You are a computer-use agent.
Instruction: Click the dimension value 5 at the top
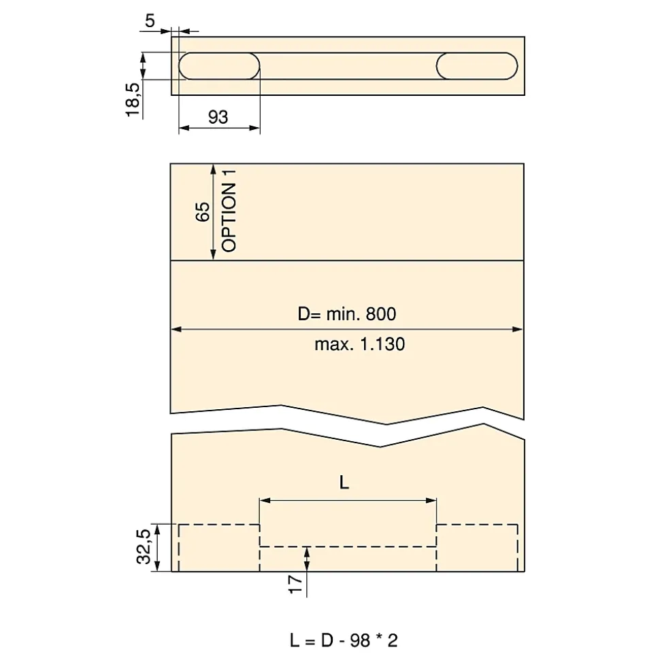click(x=150, y=20)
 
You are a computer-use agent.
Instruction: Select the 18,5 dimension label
click(x=133, y=100)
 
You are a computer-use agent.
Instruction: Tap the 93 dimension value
click(x=218, y=117)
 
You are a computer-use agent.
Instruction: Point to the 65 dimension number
click(x=203, y=211)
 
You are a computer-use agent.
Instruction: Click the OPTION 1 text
click(x=229, y=211)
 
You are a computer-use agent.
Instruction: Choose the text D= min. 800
click(x=347, y=314)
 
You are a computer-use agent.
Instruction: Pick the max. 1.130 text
click(x=359, y=345)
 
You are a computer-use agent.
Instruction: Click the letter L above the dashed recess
click(x=344, y=483)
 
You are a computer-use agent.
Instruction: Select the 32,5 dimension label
click(x=144, y=546)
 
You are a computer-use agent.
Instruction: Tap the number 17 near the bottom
click(x=296, y=584)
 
